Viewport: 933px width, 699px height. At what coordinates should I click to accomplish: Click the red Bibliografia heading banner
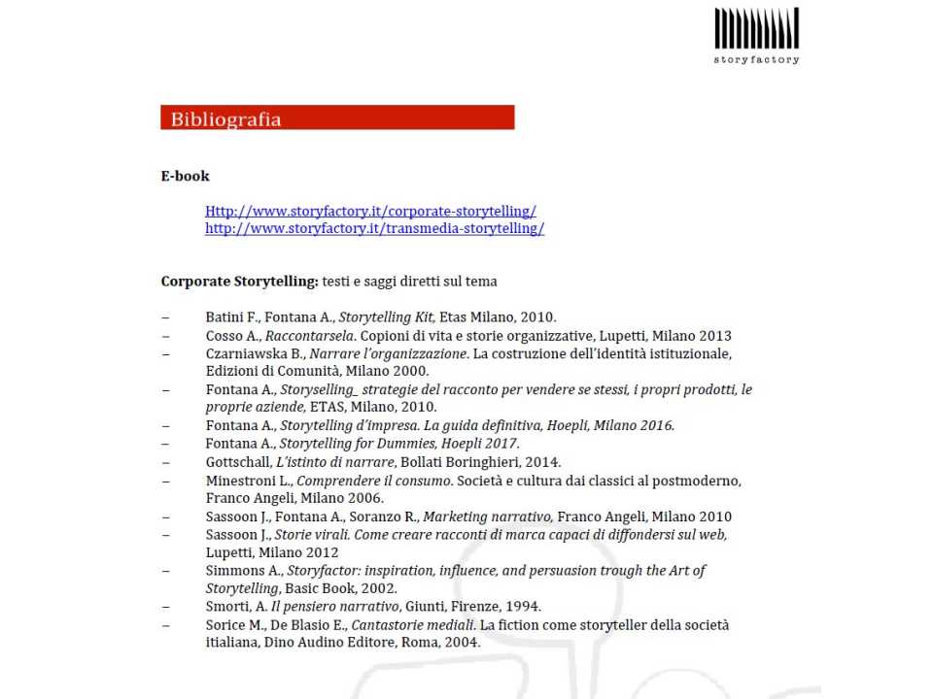[336, 118]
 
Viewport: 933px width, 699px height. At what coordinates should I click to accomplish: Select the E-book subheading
[185, 176]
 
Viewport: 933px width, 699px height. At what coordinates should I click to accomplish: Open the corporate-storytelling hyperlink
[370, 211]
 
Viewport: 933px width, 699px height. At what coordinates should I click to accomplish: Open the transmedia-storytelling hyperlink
[374, 229]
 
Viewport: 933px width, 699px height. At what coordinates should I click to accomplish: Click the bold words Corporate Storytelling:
[239, 282]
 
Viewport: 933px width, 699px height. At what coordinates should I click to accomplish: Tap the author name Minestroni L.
[248, 481]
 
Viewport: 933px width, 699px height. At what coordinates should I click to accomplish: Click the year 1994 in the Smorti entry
[523, 607]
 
